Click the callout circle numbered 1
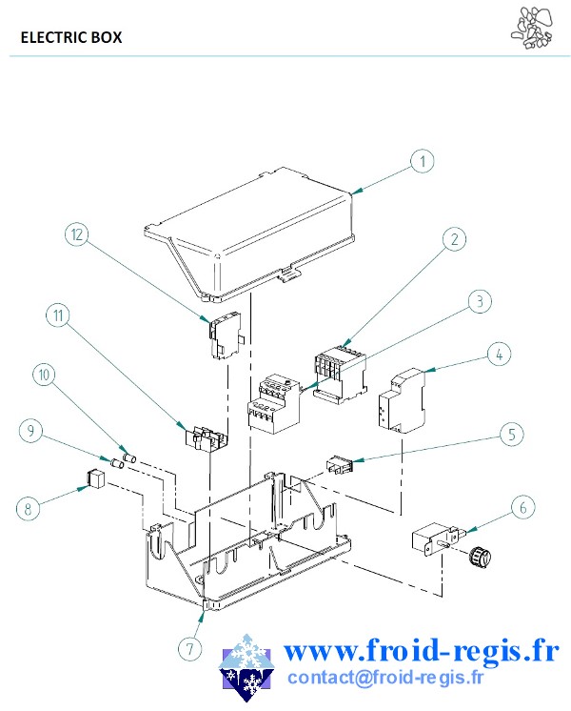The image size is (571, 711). coord(423,161)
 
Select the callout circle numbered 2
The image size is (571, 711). coord(454,239)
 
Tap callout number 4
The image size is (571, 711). coord(499,355)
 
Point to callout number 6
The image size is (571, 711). coord(523,507)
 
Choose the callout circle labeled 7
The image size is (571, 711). coord(189,648)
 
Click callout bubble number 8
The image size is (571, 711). coord(29,509)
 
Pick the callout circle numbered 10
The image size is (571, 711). coord(45,375)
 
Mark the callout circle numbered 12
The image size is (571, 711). coord(77,234)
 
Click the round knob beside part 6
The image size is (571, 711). coord(481,557)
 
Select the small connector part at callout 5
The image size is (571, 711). coord(339,465)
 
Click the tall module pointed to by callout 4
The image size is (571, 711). coord(403,399)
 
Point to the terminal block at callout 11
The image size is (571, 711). coord(206,438)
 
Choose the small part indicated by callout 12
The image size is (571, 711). coord(226,335)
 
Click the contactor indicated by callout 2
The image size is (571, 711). coord(340,374)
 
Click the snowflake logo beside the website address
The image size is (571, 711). coord(246,667)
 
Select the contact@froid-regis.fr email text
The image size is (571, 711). coord(385,678)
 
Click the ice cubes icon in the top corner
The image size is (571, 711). coord(533,28)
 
